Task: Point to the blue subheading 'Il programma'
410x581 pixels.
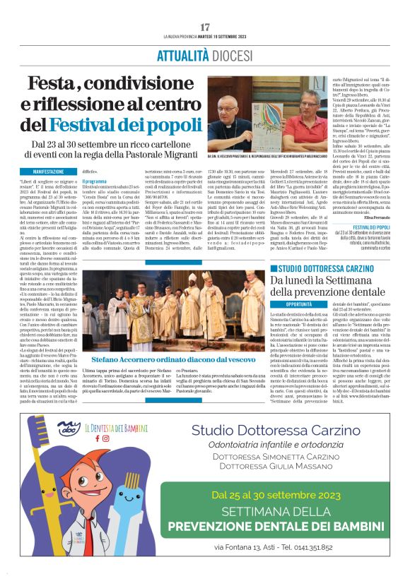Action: (x=96, y=181)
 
